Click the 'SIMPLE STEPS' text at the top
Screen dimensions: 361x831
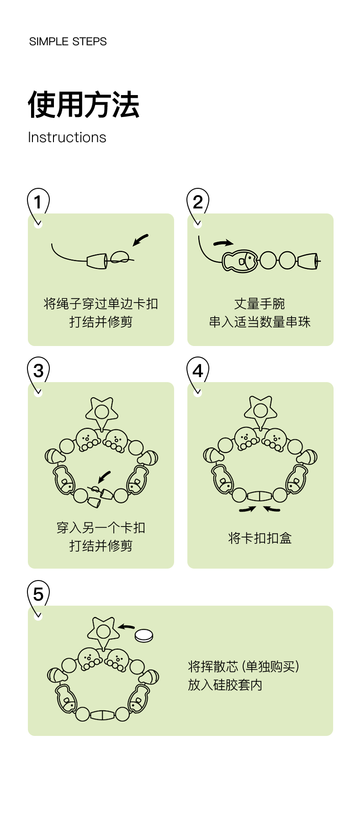coord(68,42)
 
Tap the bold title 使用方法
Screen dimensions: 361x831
coord(84,105)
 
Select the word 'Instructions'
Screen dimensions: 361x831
coord(67,137)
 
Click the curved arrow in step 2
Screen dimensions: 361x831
coord(223,243)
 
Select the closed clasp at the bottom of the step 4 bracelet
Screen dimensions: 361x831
coord(260,496)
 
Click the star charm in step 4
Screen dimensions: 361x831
coord(260,410)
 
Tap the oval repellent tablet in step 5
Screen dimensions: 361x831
coord(144,635)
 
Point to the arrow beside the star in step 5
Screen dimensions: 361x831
coord(126,627)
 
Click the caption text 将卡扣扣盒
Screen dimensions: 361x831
coord(260,538)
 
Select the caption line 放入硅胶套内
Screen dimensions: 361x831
coord(225,685)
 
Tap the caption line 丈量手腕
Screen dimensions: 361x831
coord(260,304)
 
